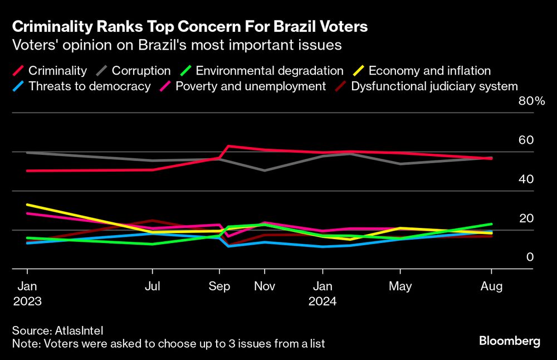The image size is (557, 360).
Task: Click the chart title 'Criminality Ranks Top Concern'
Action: pos(189,26)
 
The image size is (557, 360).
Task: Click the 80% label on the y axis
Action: pos(531,101)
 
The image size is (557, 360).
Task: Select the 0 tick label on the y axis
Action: pos(530,257)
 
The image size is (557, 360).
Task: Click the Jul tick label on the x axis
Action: pos(152,286)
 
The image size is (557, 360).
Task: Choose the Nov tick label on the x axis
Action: pos(264,286)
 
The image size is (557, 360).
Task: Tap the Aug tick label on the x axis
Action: pos(491,286)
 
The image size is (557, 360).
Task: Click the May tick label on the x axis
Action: pos(400,286)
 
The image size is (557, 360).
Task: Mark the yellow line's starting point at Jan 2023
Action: pos(27,205)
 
